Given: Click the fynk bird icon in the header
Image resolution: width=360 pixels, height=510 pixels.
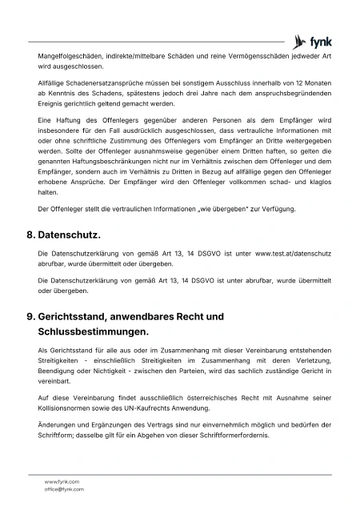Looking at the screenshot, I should point(300,42).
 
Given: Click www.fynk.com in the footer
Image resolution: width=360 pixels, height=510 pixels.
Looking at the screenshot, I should point(62,481).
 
